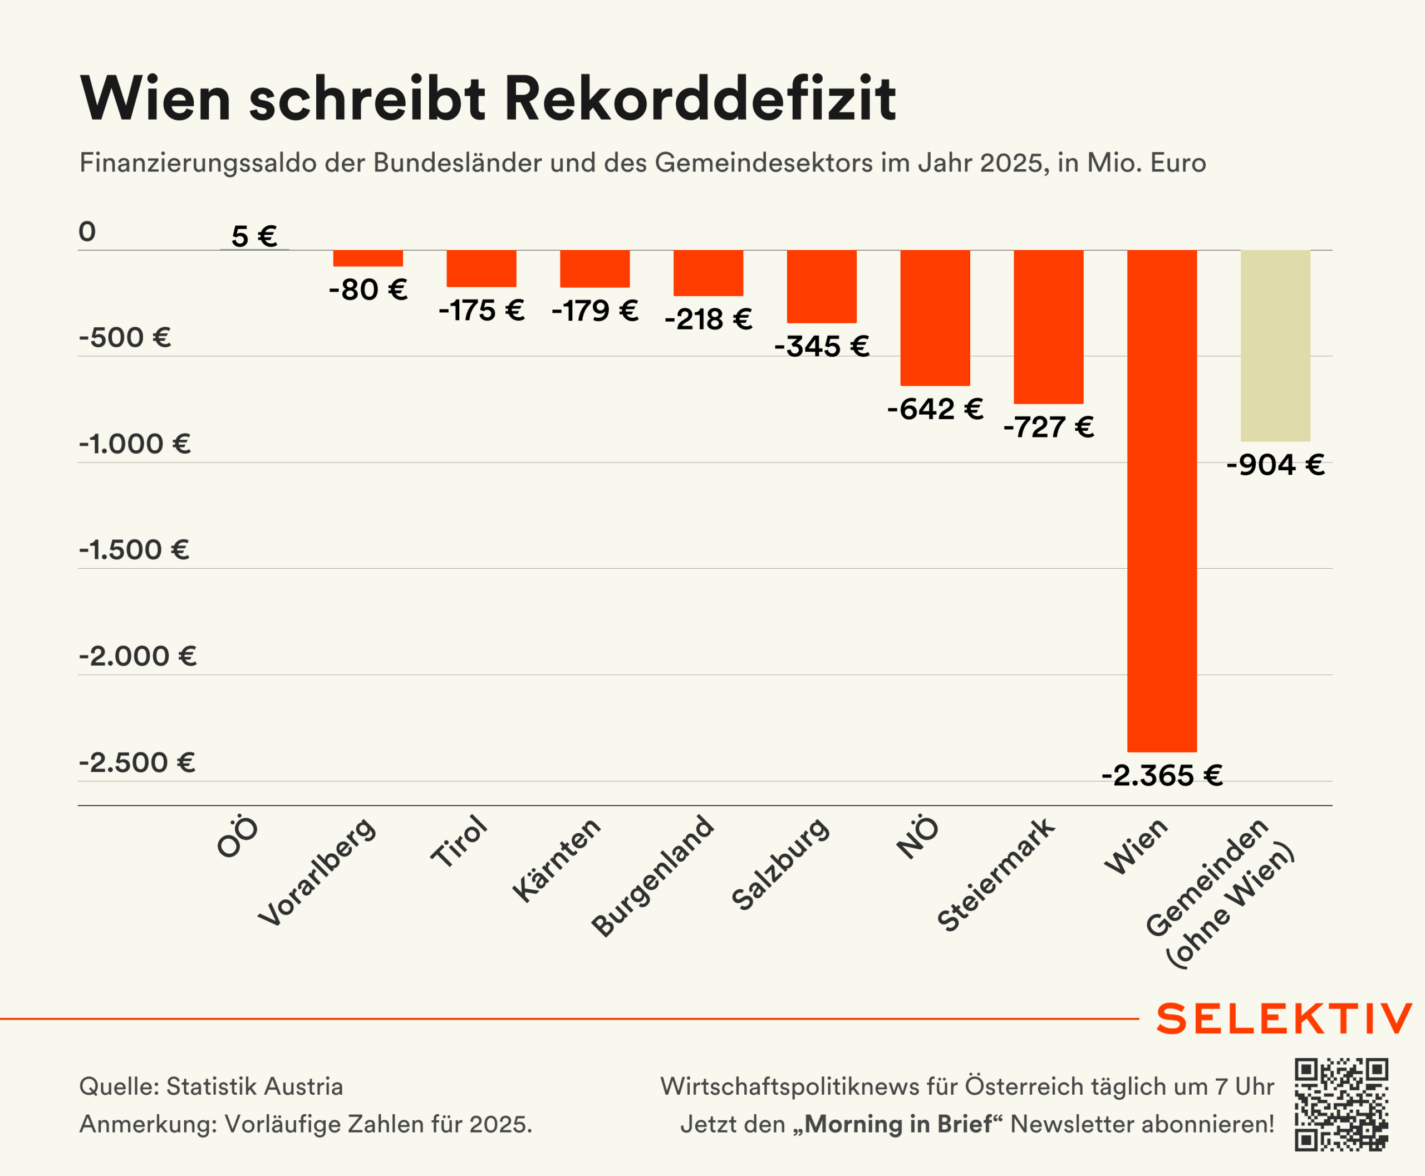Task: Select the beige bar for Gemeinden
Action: (x=1275, y=346)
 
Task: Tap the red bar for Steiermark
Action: (x=1048, y=327)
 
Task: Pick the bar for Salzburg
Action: (x=821, y=287)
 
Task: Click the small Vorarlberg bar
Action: (x=368, y=258)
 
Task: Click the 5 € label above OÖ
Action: (x=254, y=237)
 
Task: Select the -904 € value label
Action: (x=1275, y=465)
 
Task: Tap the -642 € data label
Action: (x=935, y=409)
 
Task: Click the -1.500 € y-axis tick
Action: (x=134, y=549)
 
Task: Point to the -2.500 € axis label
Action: (x=137, y=763)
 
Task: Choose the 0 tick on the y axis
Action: (x=87, y=232)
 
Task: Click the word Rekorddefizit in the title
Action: (x=699, y=99)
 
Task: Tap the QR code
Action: (x=1341, y=1105)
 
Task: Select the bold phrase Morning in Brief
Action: (x=898, y=1124)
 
